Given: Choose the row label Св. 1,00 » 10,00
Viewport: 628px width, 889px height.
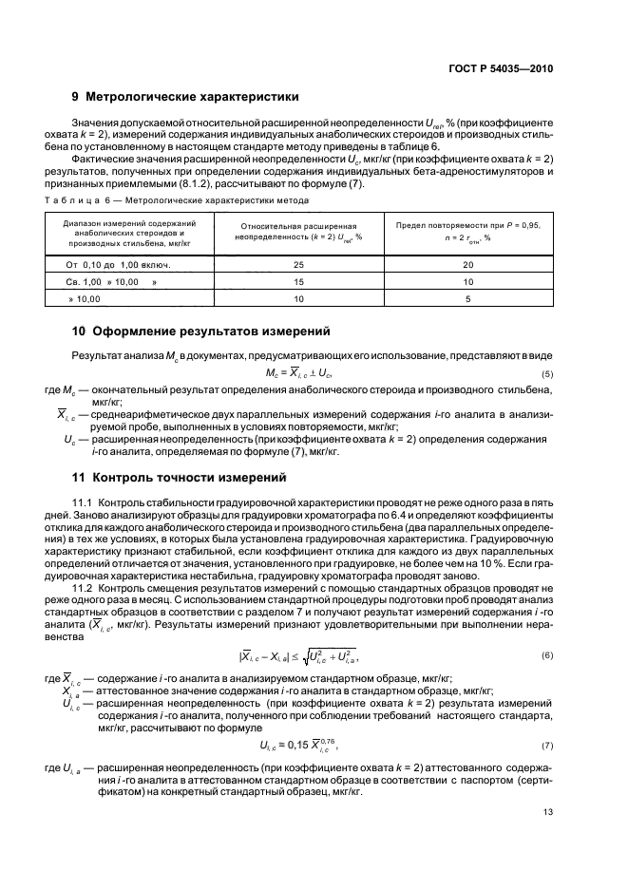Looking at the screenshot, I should [x=107, y=282].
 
